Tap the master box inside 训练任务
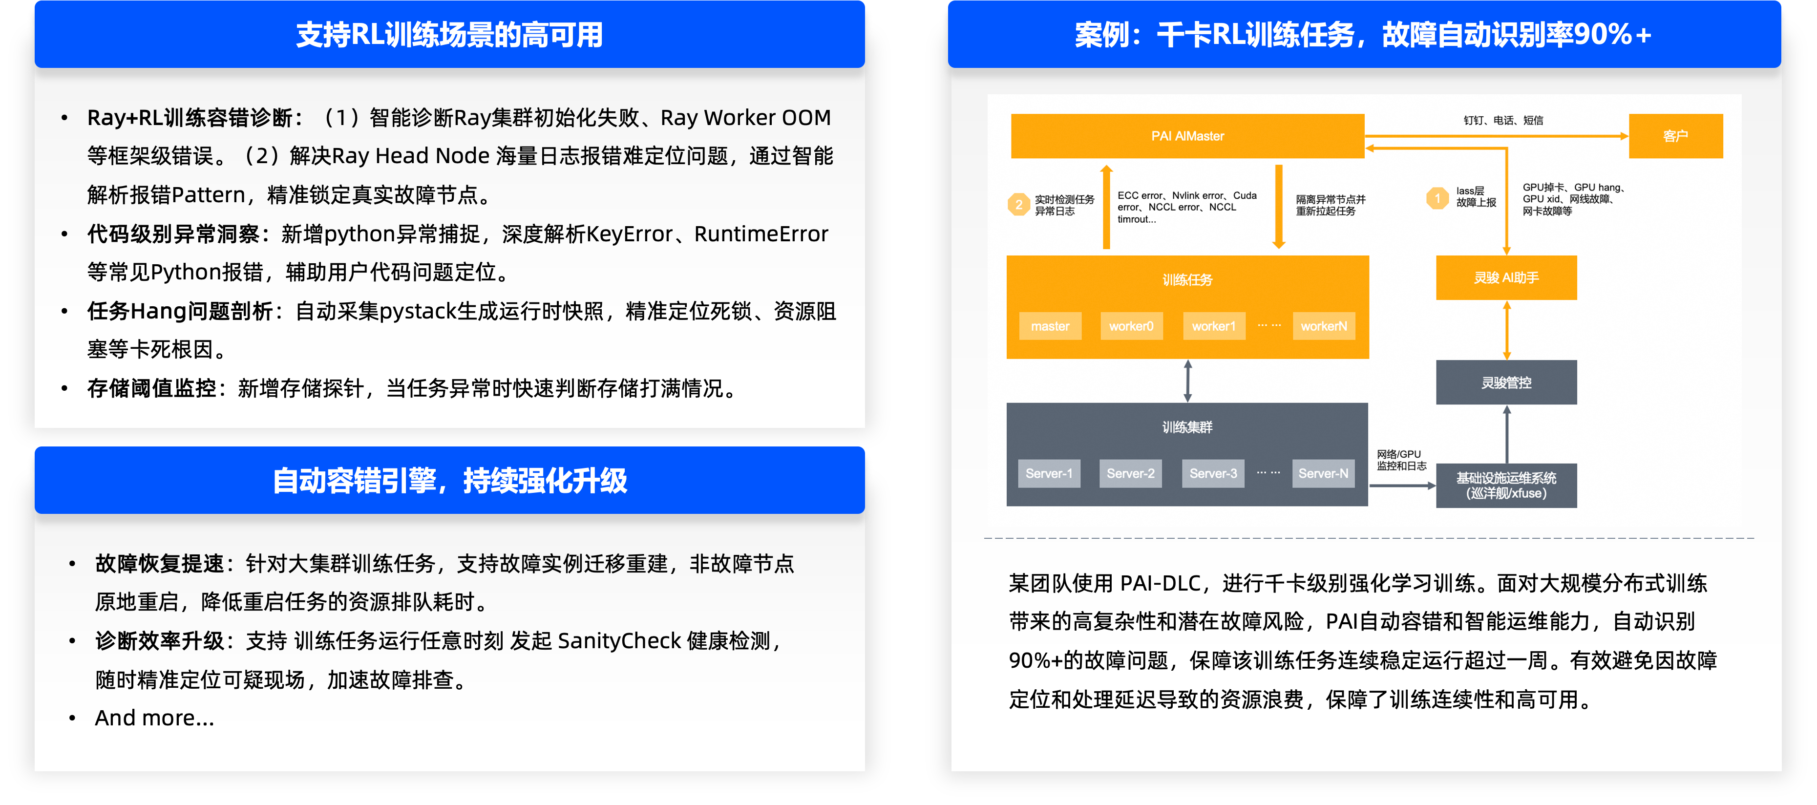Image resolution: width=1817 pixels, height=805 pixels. tap(1050, 326)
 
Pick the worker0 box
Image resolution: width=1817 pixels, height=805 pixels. tap(1131, 326)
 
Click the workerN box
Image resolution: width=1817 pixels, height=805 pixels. tap(1324, 326)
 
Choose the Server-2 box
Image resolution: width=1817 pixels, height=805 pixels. tap(1131, 473)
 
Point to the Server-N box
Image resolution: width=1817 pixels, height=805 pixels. tap(1323, 473)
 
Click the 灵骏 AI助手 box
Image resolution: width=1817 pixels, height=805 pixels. tap(1506, 278)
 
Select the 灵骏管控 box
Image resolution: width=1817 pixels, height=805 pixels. tap(1506, 382)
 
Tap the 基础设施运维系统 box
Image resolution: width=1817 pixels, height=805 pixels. tap(1506, 486)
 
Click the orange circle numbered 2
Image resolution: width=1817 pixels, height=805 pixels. tap(1018, 205)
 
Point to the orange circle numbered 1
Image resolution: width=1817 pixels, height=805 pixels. tap(1437, 198)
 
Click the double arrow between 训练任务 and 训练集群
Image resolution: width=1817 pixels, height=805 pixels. tap(1188, 381)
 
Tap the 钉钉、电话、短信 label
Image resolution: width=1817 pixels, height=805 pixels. tap(1503, 121)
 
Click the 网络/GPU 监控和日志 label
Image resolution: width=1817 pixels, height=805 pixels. tap(1401, 460)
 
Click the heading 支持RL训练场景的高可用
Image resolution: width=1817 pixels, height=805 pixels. tap(449, 35)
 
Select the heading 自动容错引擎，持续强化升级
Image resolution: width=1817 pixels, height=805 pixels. tap(449, 481)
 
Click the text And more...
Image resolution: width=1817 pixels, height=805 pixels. tap(154, 718)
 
